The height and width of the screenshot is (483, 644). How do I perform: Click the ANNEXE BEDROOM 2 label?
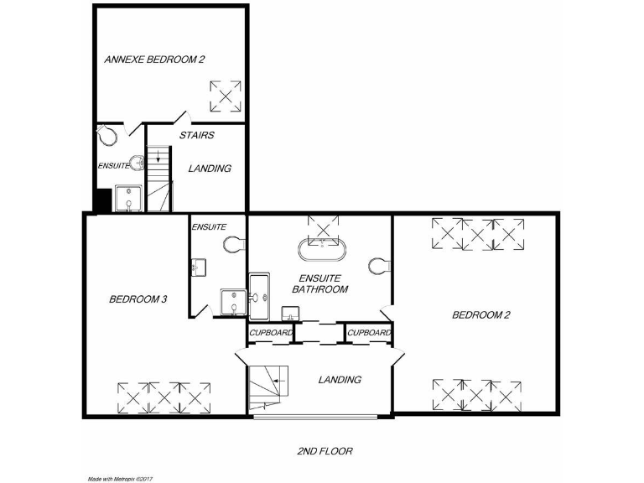[x=154, y=60]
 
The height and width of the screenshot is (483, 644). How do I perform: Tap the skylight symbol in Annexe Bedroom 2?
[x=225, y=96]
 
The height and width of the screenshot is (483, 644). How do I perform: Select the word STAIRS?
[x=197, y=135]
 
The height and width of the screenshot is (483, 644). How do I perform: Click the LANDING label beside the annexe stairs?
[x=210, y=169]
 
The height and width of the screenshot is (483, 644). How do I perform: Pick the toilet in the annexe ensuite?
[x=106, y=134]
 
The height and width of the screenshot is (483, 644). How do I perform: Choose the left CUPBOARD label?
[x=271, y=333]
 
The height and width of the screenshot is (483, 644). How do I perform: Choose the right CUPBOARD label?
[x=369, y=333]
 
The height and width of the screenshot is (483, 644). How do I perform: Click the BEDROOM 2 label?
[x=481, y=315]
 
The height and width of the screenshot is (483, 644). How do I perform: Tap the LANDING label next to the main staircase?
[x=340, y=380]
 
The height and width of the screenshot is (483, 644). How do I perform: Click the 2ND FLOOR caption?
[x=325, y=451]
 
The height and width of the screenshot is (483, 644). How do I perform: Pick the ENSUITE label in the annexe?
[x=113, y=165]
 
